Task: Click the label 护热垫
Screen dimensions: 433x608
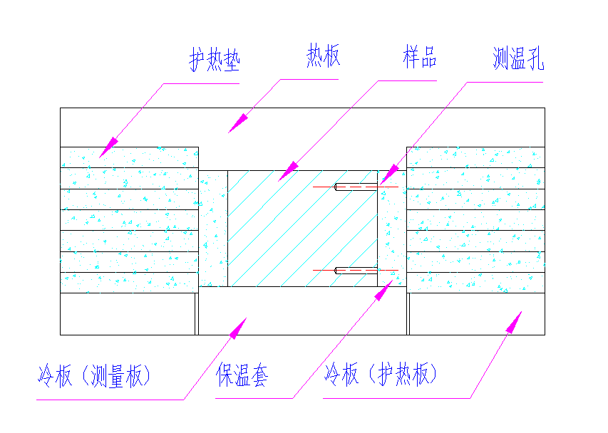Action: tap(214, 61)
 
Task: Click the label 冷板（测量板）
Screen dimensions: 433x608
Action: tap(94, 375)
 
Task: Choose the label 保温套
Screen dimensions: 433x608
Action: tap(242, 375)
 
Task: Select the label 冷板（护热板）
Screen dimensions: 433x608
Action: tap(381, 375)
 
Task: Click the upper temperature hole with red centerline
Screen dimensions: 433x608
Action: tap(356, 187)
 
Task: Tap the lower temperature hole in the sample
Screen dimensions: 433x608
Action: tap(356, 271)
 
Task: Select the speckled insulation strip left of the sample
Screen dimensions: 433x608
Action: tap(213, 228)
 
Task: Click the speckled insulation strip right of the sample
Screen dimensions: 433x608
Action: tap(391, 228)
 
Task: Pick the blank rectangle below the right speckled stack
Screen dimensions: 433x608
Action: tap(476, 314)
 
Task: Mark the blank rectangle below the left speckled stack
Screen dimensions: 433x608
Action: tap(127, 314)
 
